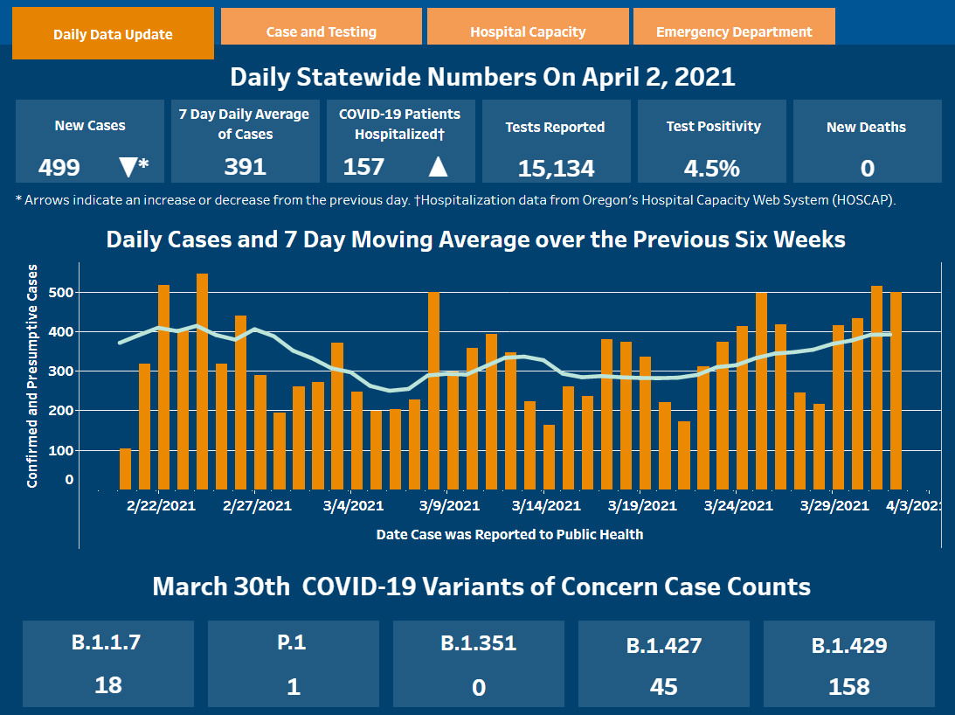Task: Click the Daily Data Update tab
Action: click(113, 34)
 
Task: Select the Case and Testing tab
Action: click(321, 31)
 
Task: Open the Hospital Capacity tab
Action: click(528, 31)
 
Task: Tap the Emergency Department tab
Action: click(734, 31)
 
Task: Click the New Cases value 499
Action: click(59, 167)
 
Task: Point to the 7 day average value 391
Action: click(245, 166)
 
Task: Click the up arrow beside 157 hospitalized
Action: click(438, 166)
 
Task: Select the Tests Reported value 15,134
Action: click(556, 168)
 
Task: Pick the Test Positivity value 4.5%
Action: click(714, 167)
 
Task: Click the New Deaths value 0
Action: click(868, 168)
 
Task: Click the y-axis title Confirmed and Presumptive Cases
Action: click(32, 376)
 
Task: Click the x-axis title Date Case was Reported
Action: click(509, 534)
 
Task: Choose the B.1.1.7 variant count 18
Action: click(108, 684)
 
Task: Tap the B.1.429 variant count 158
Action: click(849, 686)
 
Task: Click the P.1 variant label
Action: click(294, 642)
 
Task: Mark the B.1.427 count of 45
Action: click(664, 686)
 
